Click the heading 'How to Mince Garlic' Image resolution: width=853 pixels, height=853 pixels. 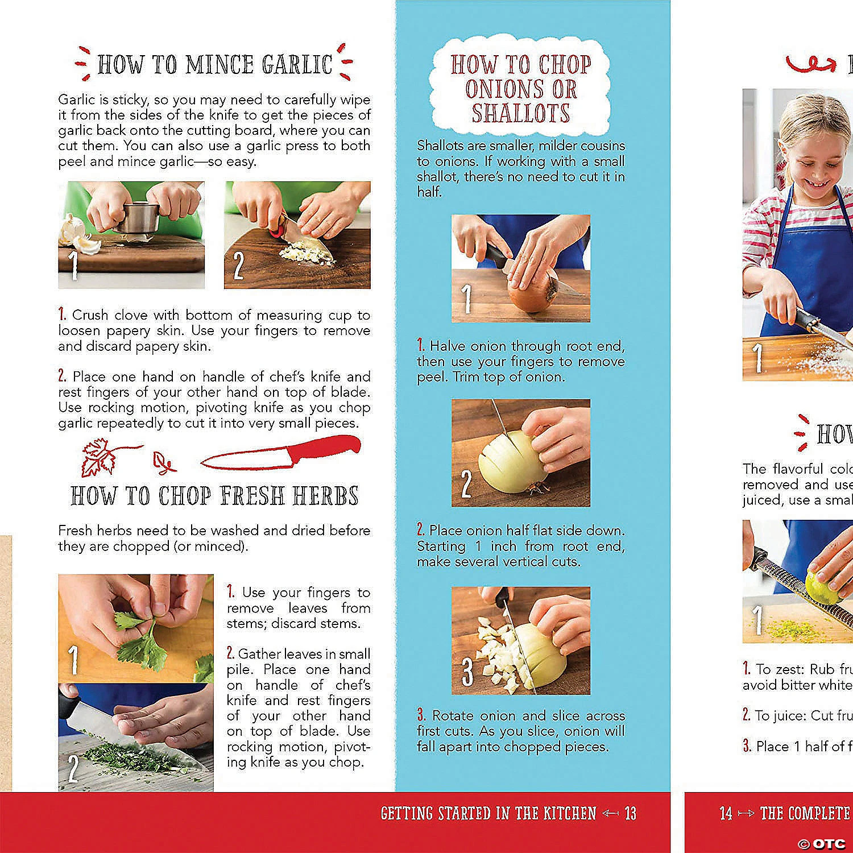214,64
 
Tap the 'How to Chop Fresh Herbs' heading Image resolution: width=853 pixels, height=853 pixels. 214,496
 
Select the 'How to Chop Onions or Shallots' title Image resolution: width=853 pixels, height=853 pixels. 520,89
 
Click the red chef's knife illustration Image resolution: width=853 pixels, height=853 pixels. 281,454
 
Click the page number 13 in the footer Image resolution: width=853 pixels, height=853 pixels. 630,813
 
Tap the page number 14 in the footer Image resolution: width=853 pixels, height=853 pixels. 726,813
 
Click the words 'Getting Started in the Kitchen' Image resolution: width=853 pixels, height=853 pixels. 488,813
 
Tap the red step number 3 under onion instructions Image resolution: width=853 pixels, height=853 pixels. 421,715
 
